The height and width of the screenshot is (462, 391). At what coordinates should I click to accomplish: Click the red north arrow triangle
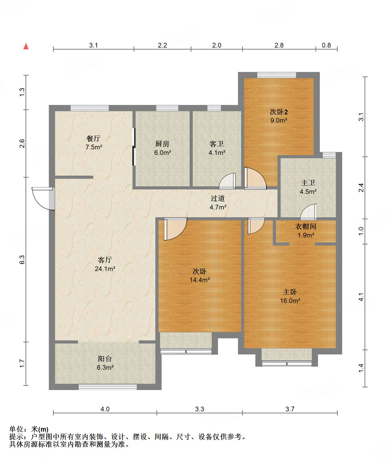pos(26,46)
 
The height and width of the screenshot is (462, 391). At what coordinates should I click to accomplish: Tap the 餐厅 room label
pos(94,138)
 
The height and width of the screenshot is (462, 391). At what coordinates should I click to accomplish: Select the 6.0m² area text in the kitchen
pos(163,153)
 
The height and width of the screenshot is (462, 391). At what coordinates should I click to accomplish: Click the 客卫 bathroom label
pos(217,144)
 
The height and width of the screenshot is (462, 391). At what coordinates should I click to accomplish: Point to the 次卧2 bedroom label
pos(279,112)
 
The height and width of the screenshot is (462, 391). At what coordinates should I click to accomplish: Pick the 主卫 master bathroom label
pos(308,183)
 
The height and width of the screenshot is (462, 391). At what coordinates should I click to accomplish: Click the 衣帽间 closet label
pos(306,227)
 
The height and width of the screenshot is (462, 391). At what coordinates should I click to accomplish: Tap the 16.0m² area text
pos(290,301)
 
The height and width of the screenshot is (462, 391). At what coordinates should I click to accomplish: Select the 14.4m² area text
pos(200,280)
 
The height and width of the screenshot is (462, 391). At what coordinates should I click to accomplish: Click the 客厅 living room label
pos(105,260)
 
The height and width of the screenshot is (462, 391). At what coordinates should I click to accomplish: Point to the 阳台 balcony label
pos(105,359)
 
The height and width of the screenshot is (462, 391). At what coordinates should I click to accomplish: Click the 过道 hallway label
pos(218,199)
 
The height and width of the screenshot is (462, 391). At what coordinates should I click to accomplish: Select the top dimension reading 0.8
pos(326,45)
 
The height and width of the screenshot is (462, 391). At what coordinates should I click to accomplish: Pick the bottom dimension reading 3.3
pos(200,409)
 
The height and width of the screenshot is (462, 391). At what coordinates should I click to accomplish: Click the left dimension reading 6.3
pos(22,260)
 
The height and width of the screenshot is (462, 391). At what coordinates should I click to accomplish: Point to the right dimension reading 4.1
pos(361,297)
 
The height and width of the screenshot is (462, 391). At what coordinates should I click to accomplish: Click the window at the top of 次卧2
pos(277,75)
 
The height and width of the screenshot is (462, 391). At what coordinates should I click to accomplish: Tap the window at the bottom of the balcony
pos(108,387)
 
